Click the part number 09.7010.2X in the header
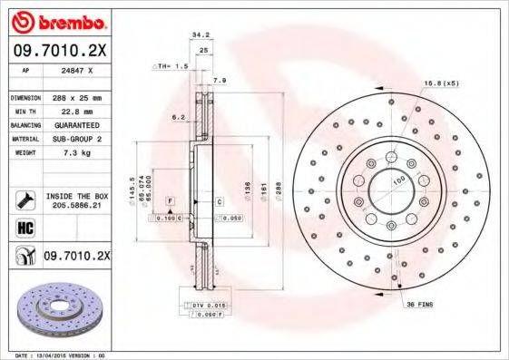pyautogui.click(x=58, y=52)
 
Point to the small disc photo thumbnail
pyautogui.click(x=58, y=308)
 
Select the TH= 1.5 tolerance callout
pyautogui.click(x=167, y=67)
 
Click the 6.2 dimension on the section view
pyautogui.click(x=179, y=117)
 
